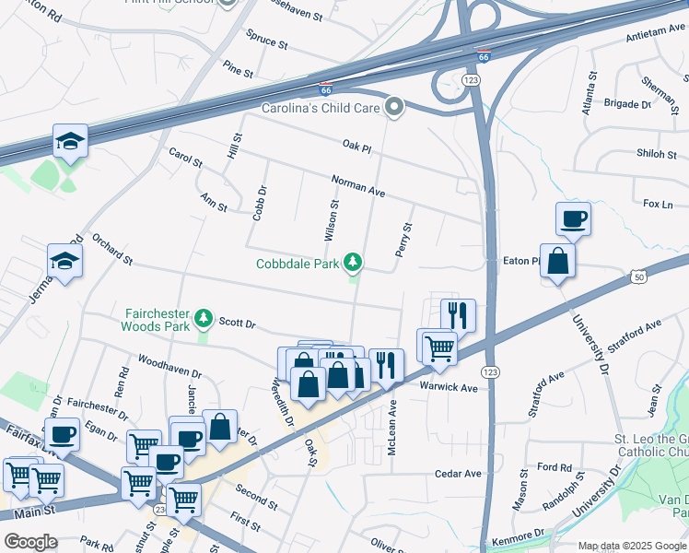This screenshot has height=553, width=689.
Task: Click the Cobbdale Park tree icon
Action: pyautogui.click(x=352, y=265)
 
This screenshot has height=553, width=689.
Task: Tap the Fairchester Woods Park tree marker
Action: pyautogui.click(x=204, y=320)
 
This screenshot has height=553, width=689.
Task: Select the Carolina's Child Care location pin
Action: pyautogui.click(x=395, y=108)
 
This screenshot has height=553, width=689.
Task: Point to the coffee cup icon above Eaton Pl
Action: pyautogui.click(x=573, y=219)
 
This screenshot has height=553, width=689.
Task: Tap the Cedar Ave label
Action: pyautogui.click(x=459, y=474)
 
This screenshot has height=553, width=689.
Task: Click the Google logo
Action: pyautogui.click(x=29, y=542)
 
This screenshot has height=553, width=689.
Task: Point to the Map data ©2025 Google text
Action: pyautogui.click(x=631, y=546)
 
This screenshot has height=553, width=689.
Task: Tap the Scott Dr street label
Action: pyautogui.click(x=237, y=324)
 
